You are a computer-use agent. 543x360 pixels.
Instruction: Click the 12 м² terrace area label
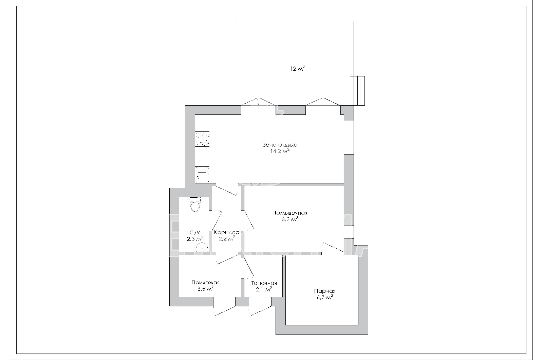(x=297, y=68)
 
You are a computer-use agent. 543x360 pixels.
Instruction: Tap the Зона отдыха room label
(x=280, y=145)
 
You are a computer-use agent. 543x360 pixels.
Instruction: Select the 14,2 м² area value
(x=280, y=151)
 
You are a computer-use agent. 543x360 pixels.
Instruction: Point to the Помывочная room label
(x=290, y=213)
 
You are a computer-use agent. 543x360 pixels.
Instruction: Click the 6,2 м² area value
(x=290, y=219)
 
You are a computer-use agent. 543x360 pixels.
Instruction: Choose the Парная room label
(x=324, y=291)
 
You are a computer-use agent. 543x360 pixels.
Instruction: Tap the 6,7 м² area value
(x=324, y=298)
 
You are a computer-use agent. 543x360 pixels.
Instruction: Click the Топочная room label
(x=264, y=283)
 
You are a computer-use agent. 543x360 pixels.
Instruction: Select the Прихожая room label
(x=205, y=283)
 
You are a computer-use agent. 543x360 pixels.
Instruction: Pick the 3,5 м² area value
(x=205, y=289)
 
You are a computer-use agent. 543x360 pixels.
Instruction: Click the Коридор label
(x=227, y=232)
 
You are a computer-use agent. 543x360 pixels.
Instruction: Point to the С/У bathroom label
(x=195, y=232)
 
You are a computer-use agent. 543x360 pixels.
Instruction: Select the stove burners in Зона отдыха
(x=202, y=139)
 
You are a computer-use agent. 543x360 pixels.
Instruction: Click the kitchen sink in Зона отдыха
(x=202, y=175)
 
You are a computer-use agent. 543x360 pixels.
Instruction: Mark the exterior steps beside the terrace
(x=357, y=91)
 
